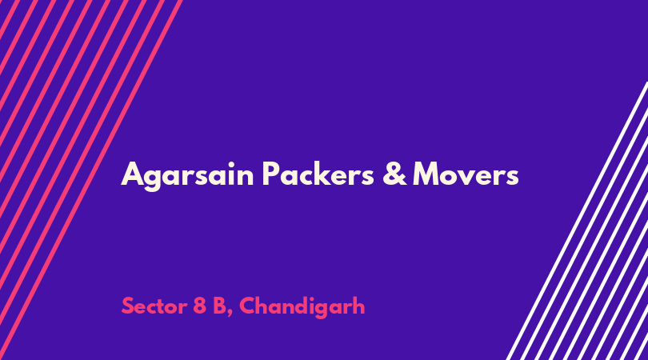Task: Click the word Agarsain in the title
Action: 187,175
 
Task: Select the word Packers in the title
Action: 318,173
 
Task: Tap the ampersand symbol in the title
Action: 394,174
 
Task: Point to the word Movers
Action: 466,174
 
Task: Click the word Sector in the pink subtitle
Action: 154,306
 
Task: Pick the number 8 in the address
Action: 200,306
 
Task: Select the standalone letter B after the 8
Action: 219,306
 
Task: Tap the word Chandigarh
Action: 302,307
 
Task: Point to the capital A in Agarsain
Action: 132,174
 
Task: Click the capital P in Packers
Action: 271,174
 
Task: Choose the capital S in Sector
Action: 128,306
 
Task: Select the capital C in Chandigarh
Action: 247,306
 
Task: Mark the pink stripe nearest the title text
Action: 91,180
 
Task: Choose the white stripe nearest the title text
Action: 577,221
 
